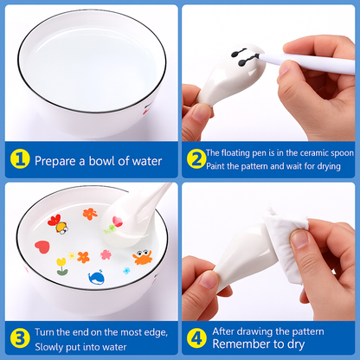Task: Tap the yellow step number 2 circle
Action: [x=196, y=158]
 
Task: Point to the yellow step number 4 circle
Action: [x=196, y=337]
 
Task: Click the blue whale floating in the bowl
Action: [x=96, y=278]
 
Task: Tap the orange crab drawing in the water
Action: [x=142, y=255]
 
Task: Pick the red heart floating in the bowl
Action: [x=42, y=247]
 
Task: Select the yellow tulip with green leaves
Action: [x=62, y=265]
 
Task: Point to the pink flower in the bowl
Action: [x=106, y=254]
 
